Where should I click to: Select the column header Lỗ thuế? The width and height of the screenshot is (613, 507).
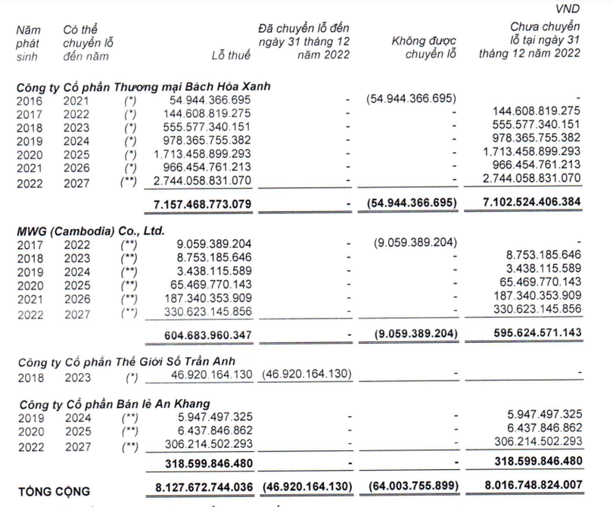(x=230, y=54)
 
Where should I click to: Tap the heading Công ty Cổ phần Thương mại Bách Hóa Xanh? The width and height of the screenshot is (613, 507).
(x=144, y=86)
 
